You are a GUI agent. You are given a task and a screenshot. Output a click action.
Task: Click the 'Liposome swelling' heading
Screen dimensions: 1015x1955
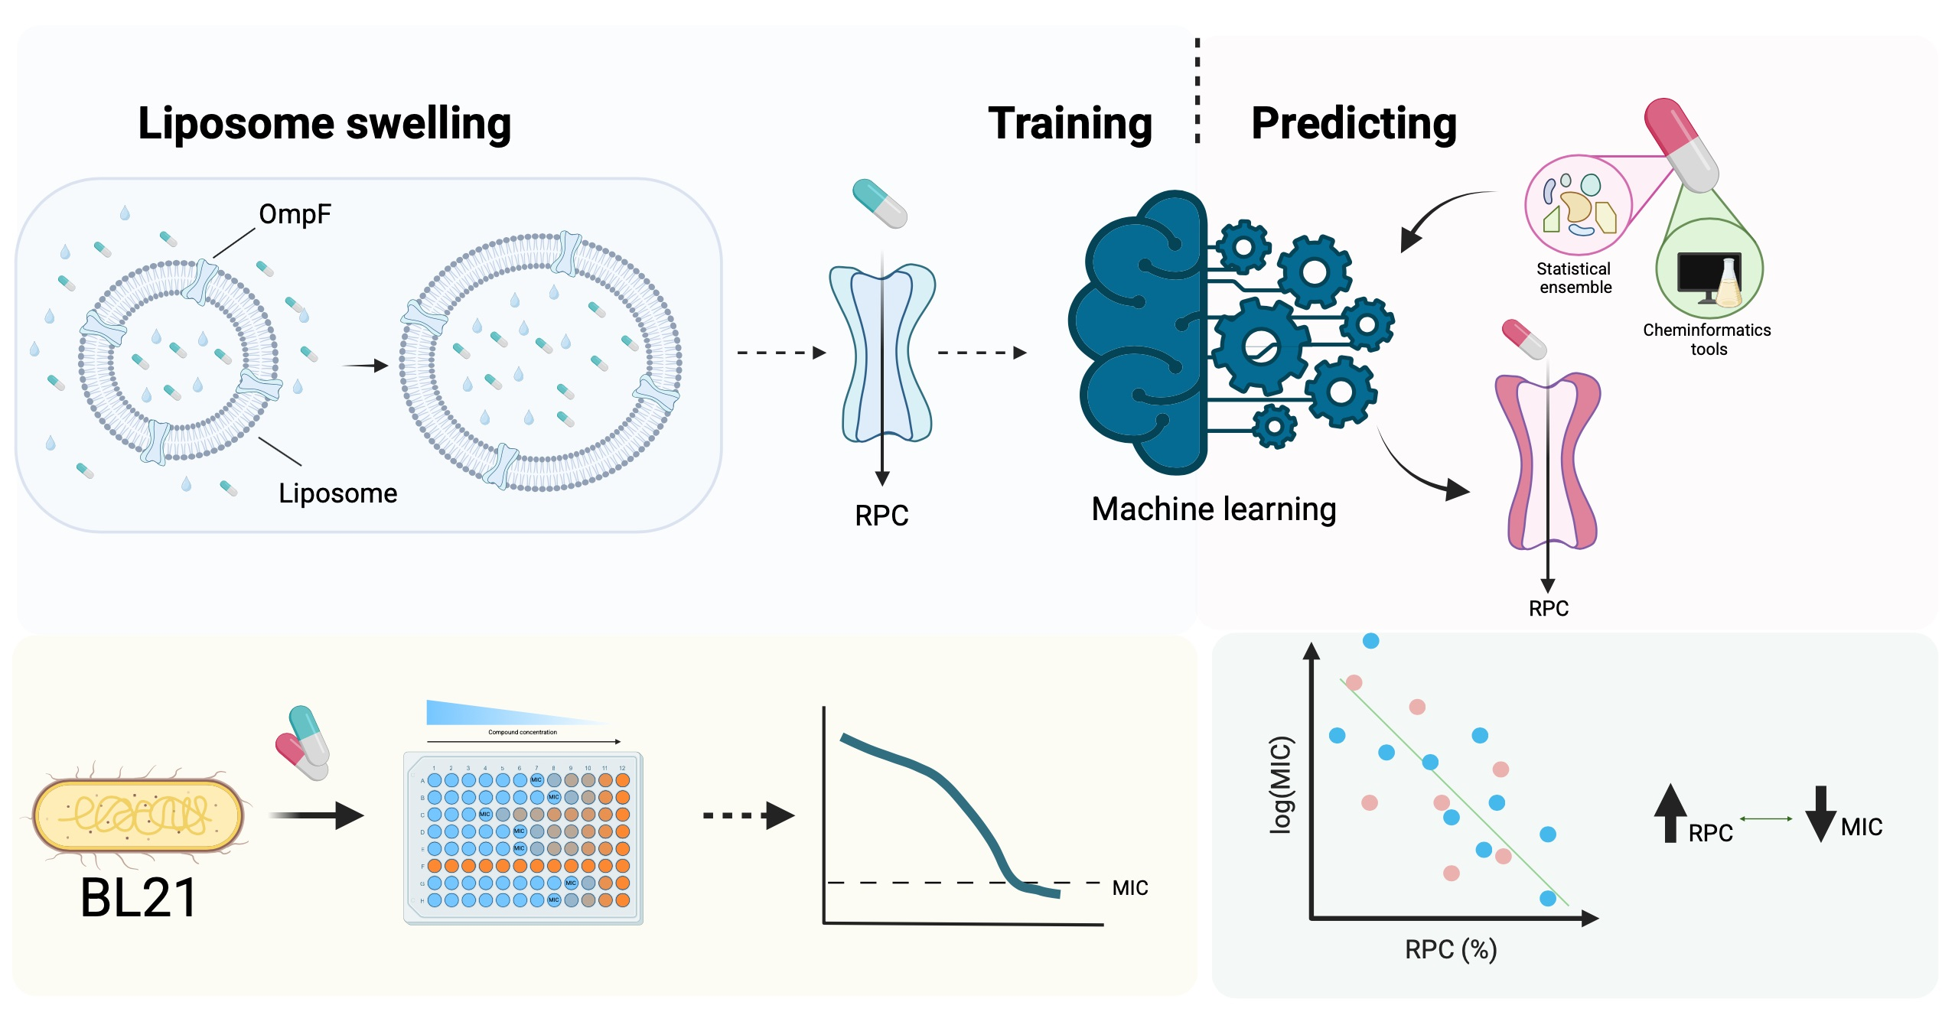point(324,124)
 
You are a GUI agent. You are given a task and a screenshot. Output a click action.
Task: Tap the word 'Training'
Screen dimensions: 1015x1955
point(1070,124)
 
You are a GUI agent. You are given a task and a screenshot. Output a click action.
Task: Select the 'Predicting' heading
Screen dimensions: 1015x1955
point(1354,124)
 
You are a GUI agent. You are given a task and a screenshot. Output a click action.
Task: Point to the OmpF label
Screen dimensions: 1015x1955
point(295,214)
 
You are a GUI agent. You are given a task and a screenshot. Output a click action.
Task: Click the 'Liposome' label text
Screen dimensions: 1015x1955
point(337,493)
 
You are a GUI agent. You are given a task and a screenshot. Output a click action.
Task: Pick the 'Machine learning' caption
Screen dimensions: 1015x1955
point(1214,509)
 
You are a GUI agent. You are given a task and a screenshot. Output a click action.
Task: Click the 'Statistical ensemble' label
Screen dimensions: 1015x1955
point(1575,278)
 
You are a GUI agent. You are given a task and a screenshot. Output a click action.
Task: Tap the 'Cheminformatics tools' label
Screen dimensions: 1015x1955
point(1707,340)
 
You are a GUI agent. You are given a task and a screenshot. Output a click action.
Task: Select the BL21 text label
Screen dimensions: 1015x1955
point(138,898)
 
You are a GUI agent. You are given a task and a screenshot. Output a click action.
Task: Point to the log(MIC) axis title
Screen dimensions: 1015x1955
point(1280,785)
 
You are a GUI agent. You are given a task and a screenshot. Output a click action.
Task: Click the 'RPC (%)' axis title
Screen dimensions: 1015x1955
point(1451,950)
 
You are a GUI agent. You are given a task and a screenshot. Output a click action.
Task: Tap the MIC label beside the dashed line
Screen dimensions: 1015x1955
point(1129,888)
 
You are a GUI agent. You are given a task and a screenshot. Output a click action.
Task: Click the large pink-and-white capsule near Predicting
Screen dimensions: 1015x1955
point(1682,145)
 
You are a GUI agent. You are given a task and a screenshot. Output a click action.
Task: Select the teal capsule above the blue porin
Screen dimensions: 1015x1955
point(880,203)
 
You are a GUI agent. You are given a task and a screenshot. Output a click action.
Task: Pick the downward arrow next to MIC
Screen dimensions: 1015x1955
point(1820,814)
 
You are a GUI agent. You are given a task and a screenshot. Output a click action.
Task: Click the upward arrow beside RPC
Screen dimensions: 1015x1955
point(1670,814)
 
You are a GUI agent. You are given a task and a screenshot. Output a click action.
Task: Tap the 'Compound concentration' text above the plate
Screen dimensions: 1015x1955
point(523,732)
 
